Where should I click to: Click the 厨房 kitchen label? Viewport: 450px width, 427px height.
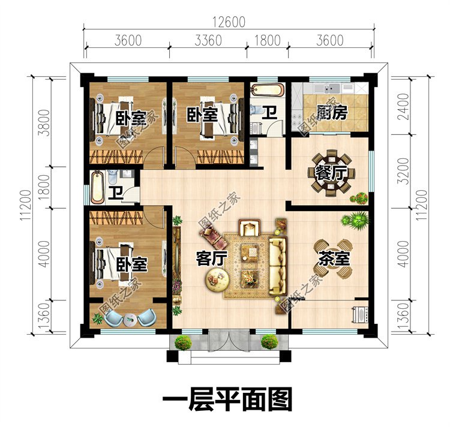tap(331, 113)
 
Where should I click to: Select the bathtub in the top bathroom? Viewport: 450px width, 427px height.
tap(268, 91)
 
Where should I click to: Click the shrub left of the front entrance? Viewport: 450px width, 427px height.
tap(183, 343)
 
